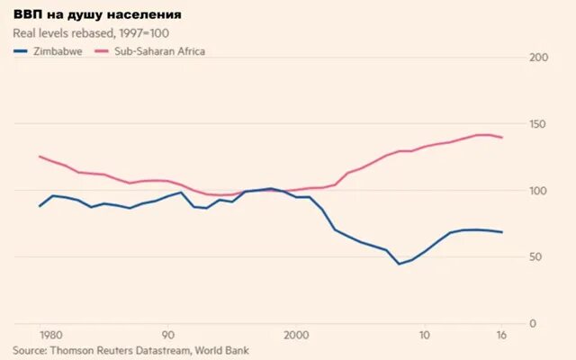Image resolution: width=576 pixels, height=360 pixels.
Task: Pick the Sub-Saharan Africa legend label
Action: point(160,51)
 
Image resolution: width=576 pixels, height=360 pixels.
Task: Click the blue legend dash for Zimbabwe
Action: point(19,51)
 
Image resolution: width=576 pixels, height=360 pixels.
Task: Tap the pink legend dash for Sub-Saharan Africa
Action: point(103,51)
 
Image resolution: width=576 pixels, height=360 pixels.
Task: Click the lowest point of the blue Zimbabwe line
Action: point(399,264)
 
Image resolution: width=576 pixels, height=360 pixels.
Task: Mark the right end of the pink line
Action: point(502,138)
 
